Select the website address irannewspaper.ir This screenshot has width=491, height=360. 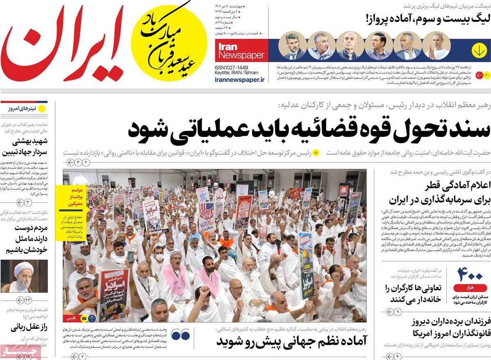[x=240, y=80]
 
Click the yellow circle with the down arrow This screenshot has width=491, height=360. [x=479, y=50]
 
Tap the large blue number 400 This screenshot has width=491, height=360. [x=470, y=274]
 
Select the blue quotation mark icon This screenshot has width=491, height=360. [x=180, y=335]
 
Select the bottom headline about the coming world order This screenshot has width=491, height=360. [x=291, y=340]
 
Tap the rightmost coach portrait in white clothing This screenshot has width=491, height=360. [x=436, y=45]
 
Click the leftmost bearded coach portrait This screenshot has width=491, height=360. [x=292, y=45]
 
